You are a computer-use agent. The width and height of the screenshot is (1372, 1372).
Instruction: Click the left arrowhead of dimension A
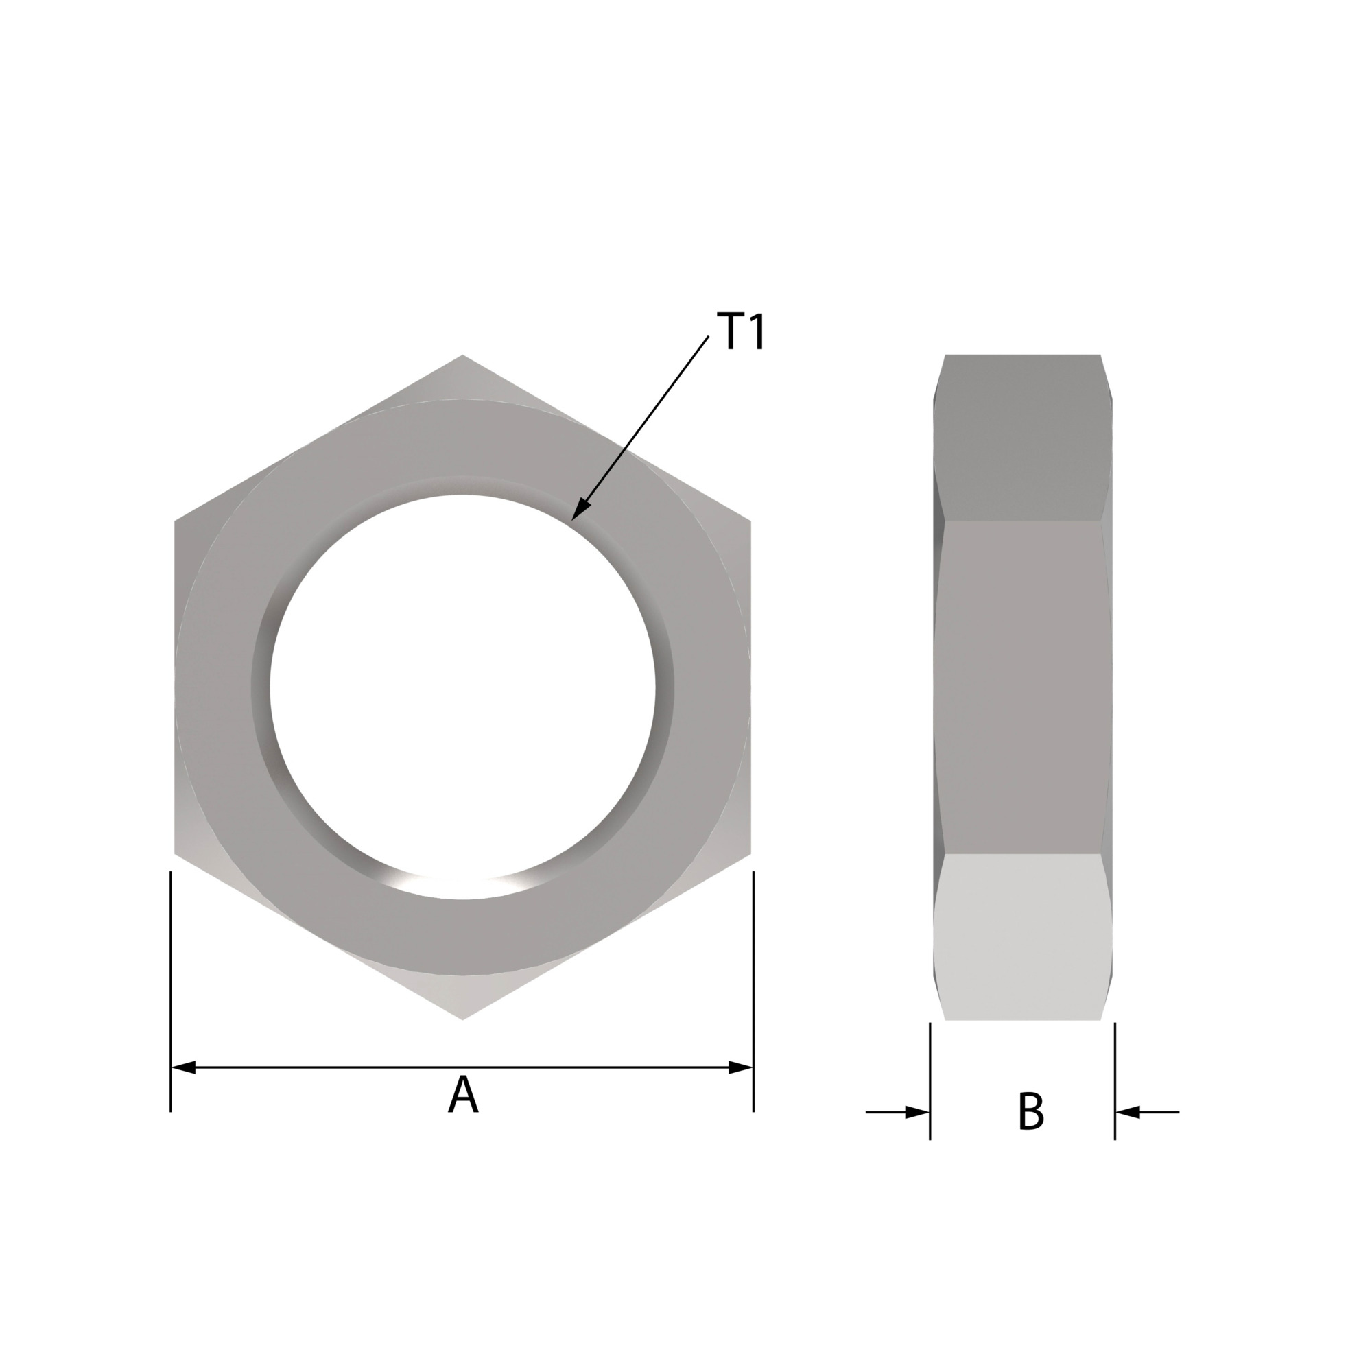click(183, 1067)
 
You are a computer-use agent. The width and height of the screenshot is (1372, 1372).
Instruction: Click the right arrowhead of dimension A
click(742, 1067)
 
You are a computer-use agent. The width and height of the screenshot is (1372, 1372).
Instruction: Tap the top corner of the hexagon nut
click(462, 355)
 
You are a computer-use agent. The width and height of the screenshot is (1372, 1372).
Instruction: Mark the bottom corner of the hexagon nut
click(462, 1020)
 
